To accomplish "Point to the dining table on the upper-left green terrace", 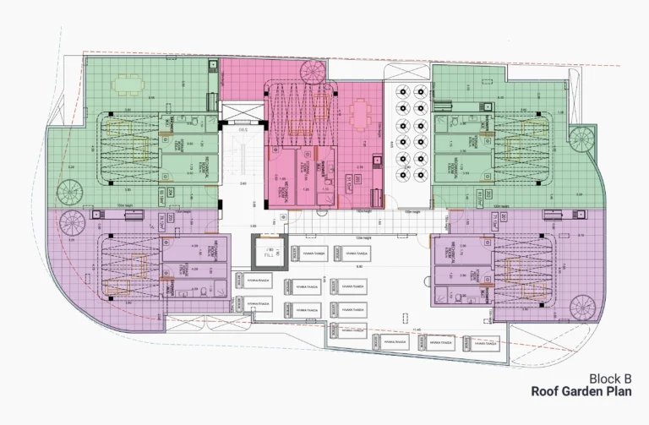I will (x=128, y=84).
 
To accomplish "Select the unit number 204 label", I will (x=171, y=193).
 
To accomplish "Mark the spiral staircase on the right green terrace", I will (x=581, y=137).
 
